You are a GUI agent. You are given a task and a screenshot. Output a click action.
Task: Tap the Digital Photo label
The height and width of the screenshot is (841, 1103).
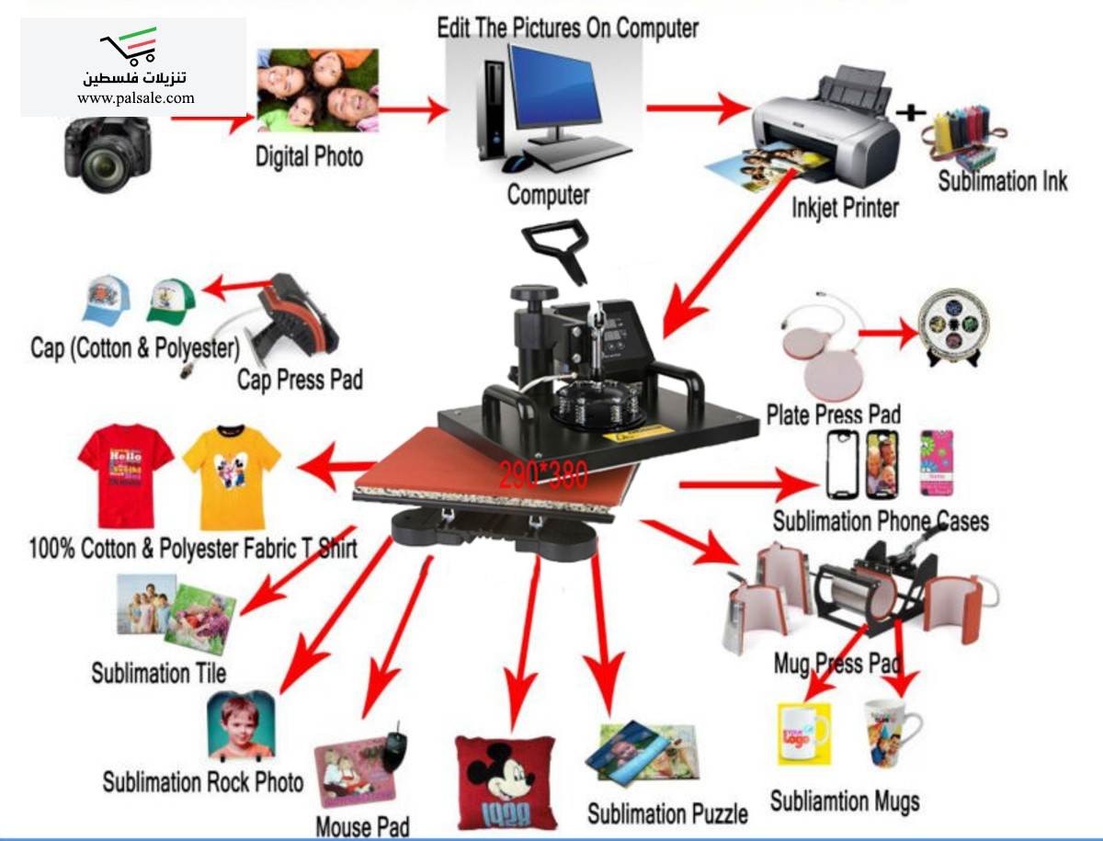pos(309,156)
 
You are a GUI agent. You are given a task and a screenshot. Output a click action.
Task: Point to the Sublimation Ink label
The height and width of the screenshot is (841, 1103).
pos(1002,181)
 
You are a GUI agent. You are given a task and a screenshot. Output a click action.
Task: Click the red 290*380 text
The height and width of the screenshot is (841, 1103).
pos(543,474)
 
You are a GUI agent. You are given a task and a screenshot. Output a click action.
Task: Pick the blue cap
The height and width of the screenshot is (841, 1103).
pos(108,300)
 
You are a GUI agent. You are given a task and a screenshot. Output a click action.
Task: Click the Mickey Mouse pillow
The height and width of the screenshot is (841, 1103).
pos(506,781)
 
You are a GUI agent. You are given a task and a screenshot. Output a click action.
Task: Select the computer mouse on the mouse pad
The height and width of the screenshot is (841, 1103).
pos(395,748)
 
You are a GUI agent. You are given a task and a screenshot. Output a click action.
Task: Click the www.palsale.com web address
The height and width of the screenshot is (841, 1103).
pos(136,98)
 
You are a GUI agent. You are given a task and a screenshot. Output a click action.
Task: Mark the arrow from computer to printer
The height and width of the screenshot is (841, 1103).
pos(699,108)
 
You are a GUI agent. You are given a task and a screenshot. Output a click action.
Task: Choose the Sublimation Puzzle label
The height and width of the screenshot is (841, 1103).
pos(667,813)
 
